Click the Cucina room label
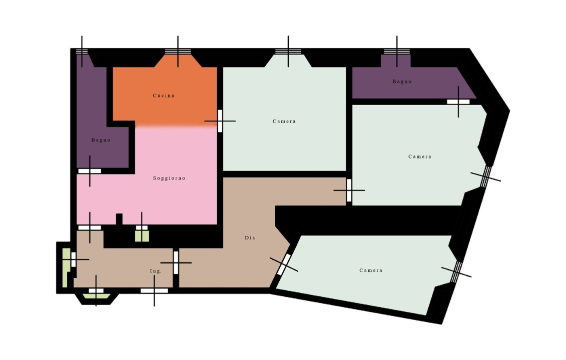(164, 95)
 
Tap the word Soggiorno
(169, 178)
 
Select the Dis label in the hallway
(250, 237)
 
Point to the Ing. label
(155, 271)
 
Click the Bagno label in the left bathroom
(101, 140)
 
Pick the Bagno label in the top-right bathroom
(402, 81)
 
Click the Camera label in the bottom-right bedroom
(371, 270)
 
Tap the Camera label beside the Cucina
(284, 121)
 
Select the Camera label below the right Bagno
(420, 156)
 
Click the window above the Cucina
(178, 51)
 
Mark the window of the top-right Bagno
(397, 51)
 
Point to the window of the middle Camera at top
(288, 51)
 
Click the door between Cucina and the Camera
(220, 121)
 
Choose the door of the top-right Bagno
(458, 101)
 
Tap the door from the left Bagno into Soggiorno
(90, 171)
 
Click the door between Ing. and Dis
(176, 262)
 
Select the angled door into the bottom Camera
(284, 265)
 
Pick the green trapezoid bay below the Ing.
(96, 296)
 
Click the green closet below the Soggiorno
(142, 236)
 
